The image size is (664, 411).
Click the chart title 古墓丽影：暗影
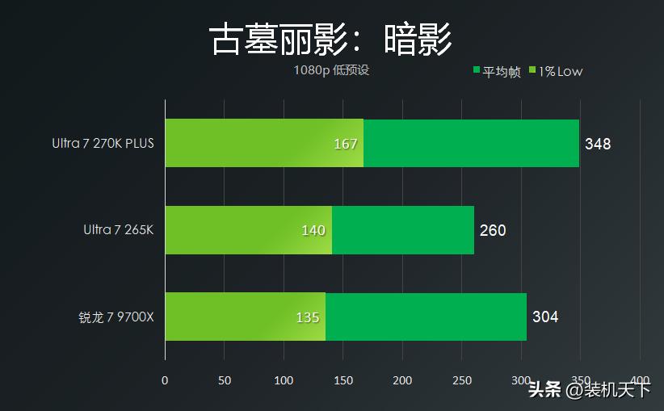pos(331,38)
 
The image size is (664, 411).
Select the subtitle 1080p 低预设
pos(331,70)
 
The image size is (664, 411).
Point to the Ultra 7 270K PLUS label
pos(103,144)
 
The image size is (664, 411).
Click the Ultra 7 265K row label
pos(118,230)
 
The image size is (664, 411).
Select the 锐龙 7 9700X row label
pos(111,317)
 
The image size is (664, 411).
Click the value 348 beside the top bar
pos(598,145)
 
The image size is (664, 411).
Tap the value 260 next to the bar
pos(493,231)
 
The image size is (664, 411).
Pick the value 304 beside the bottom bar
pos(545,317)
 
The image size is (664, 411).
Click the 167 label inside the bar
pos(345,145)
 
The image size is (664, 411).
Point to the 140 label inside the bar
pos(313,231)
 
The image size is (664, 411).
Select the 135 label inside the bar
pos(307,317)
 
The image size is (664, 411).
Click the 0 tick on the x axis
pos(165,380)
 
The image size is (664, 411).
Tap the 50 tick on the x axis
pos(225,380)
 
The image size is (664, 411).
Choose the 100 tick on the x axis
pos(284,380)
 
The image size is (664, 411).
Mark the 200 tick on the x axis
pos(402,380)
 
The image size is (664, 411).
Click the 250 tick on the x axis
pos(461,380)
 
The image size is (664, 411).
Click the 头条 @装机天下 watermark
pos(589,390)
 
